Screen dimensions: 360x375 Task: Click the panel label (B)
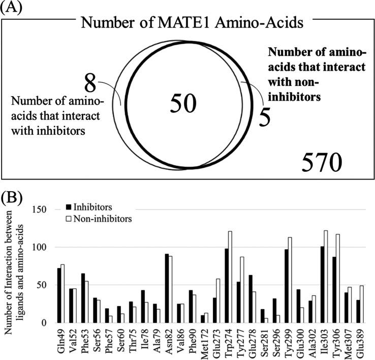pos(14,196)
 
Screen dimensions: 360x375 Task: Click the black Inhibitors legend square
pos(69,206)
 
